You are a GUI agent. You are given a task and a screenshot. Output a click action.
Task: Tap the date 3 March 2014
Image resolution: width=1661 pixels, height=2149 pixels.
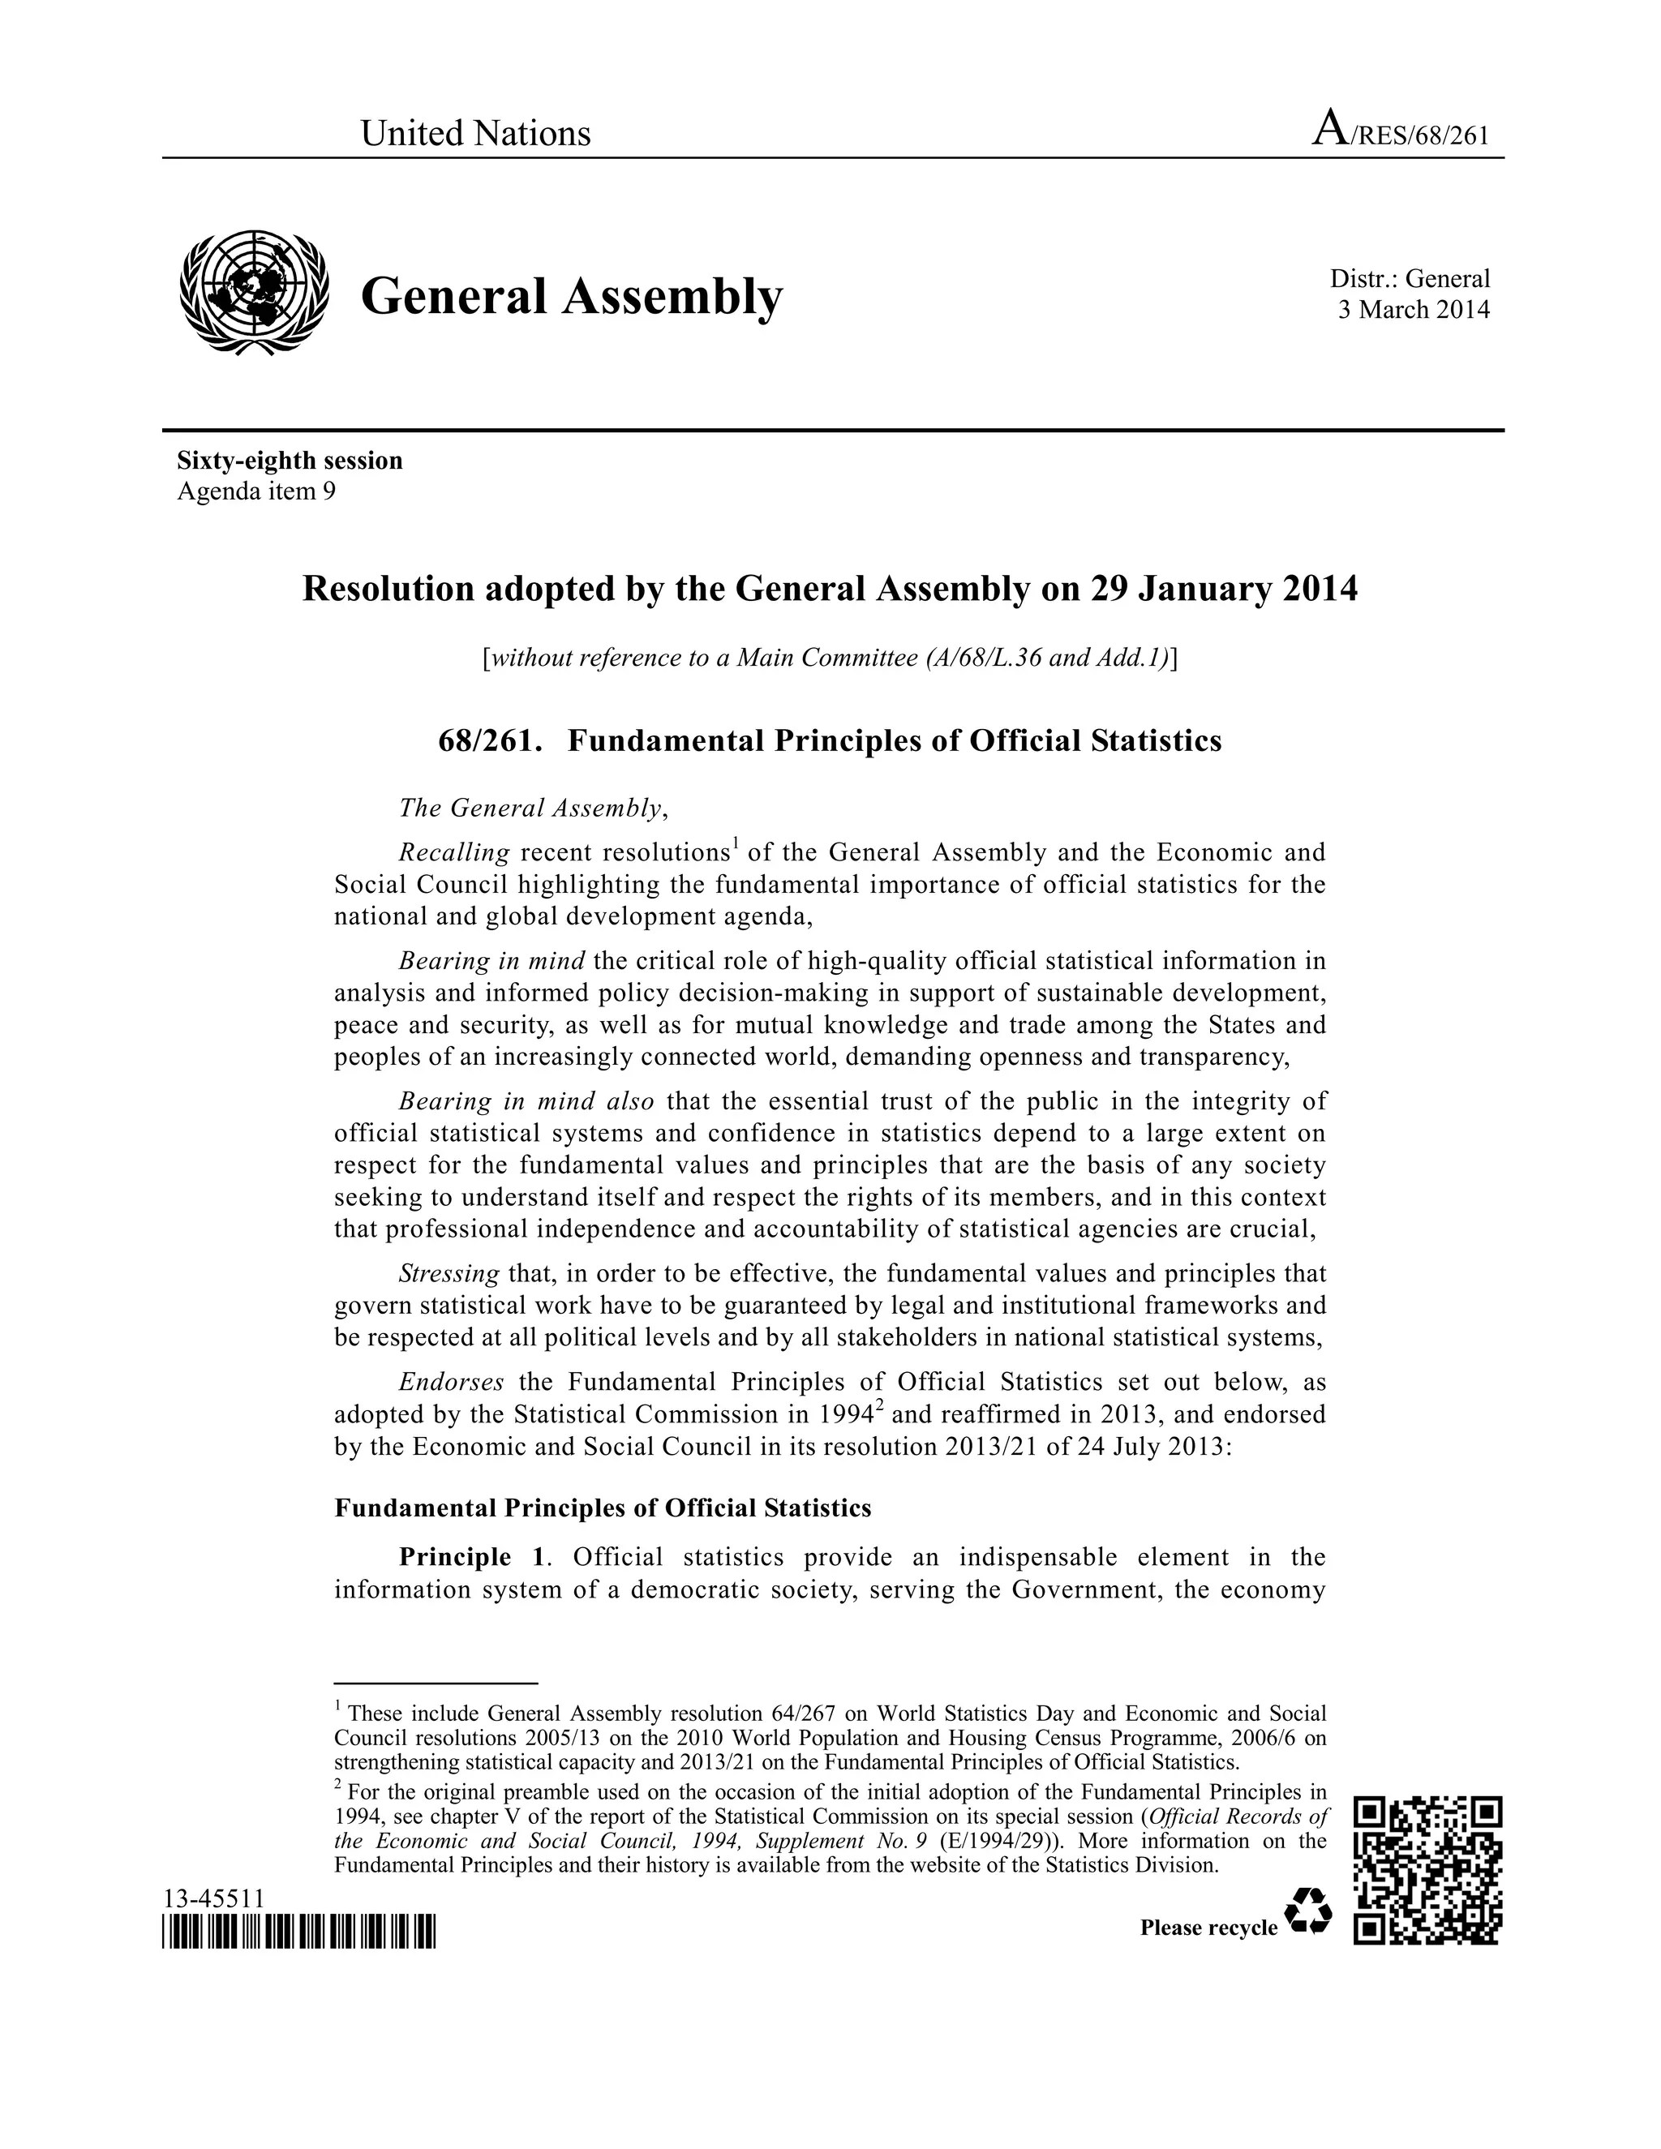[1413, 310]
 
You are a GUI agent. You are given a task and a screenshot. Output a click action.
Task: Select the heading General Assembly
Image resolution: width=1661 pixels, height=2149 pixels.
[572, 296]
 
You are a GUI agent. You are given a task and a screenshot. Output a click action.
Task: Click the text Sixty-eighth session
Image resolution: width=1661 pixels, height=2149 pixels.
[290, 461]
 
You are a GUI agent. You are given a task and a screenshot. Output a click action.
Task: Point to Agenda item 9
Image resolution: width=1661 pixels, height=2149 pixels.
[255, 491]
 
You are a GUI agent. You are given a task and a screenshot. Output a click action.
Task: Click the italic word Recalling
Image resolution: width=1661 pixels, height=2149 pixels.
[453, 852]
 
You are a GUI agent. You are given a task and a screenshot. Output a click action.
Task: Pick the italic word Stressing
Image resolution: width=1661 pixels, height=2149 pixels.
[449, 1273]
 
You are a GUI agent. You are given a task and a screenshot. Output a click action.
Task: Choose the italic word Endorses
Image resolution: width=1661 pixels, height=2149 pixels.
[451, 1382]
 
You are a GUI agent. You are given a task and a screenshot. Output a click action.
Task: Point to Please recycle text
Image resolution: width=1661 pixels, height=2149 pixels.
[1208, 1928]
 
